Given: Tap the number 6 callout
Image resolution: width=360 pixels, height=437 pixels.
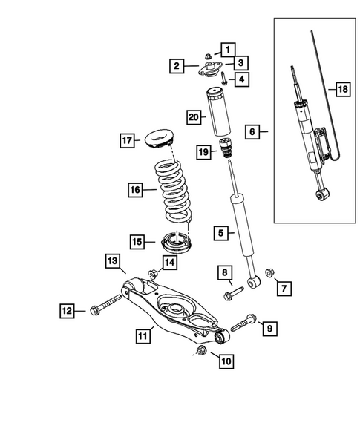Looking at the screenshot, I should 252,132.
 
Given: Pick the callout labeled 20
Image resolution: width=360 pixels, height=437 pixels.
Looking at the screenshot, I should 193,117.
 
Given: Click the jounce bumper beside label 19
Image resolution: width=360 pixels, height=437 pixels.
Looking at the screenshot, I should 224,149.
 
